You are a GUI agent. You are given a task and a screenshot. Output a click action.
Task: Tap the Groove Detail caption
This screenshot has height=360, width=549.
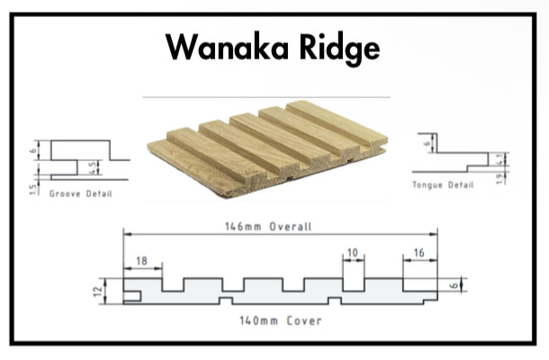coord(81,194)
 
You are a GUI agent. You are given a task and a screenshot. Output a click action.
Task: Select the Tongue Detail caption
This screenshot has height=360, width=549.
coord(442,184)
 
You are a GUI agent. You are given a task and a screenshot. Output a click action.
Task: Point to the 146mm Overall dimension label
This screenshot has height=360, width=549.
coord(268,227)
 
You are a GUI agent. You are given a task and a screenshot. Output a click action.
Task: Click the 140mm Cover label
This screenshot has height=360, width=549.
coord(268,320)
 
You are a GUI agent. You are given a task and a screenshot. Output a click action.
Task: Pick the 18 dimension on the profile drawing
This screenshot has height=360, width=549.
coord(142,260)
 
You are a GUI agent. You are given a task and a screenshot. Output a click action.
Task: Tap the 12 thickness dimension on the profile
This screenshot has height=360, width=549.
coord(108,291)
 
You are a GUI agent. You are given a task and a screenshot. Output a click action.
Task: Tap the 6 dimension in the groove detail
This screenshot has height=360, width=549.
coord(33,151)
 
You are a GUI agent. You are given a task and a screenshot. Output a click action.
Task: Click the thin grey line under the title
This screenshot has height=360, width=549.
coord(266,96)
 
